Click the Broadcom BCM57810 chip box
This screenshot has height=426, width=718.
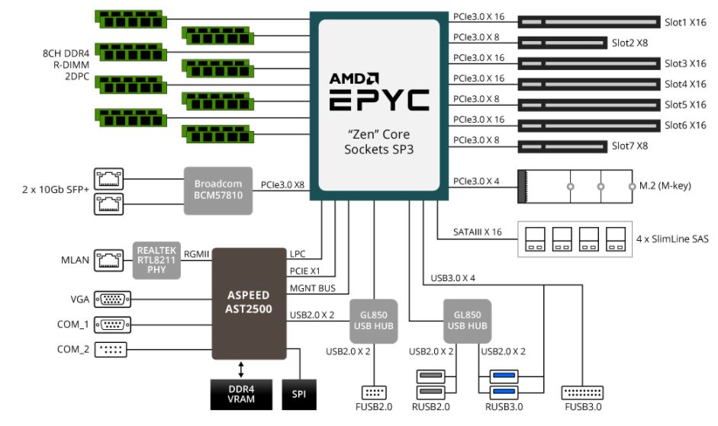click(x=218, y=189)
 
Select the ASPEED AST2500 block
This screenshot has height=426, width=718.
click(x=249, y=303)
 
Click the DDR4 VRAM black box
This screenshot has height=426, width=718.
click(x=241, y=393)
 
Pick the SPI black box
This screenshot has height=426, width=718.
click(x=298, y=393)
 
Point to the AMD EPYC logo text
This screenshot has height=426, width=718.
click(x=379, y=91)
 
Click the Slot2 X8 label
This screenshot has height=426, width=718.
click(x=629, y=43)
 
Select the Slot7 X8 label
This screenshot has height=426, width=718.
click(x=629, y=145)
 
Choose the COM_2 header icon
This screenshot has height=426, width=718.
click(x=111, y=350)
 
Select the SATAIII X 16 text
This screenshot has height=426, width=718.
click(x=478, y=232)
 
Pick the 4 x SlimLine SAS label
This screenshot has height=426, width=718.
click(x=671, y=239)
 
